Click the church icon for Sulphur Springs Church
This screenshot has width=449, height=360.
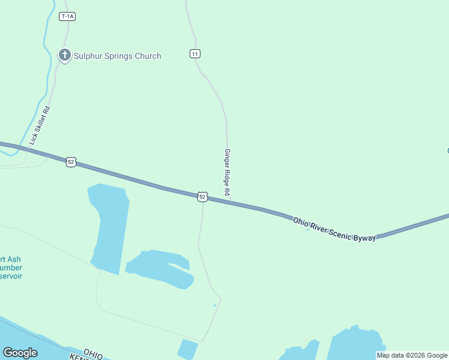pyautogui.click(x=64, y=55)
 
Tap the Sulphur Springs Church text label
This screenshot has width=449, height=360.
pyautogui.click(x=118, y=56)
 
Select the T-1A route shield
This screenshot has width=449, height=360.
pyautogui.click(x=67, y=16)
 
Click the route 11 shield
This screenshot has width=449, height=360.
pyautogui.click(x=194, y=54)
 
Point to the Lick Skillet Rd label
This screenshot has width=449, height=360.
pyautogui.click(x=40, y=125)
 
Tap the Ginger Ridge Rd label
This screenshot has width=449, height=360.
pyautogui.click(x=227, y=173)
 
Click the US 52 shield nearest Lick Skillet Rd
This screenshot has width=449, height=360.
pyautogui.click(x=71, y=162)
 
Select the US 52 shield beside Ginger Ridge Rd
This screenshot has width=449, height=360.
pyautogui.click(x=202, y=197)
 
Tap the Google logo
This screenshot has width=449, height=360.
pyautogui.click(x=20, y=352)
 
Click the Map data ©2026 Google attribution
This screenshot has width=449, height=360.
pyautogui.click(x=412, y=355)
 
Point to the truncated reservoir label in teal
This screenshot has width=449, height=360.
pyautogui.click(x=12, y=268)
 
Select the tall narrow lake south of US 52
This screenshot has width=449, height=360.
pyautogui.click(x=110, y=225)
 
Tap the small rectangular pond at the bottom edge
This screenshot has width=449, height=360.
pyautogui.click(x=187, y=349)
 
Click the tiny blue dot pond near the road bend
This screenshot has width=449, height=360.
pyautogui.click(x=214, y=305)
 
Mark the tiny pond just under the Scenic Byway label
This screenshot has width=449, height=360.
pyautogui.click(x=307, y=229)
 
